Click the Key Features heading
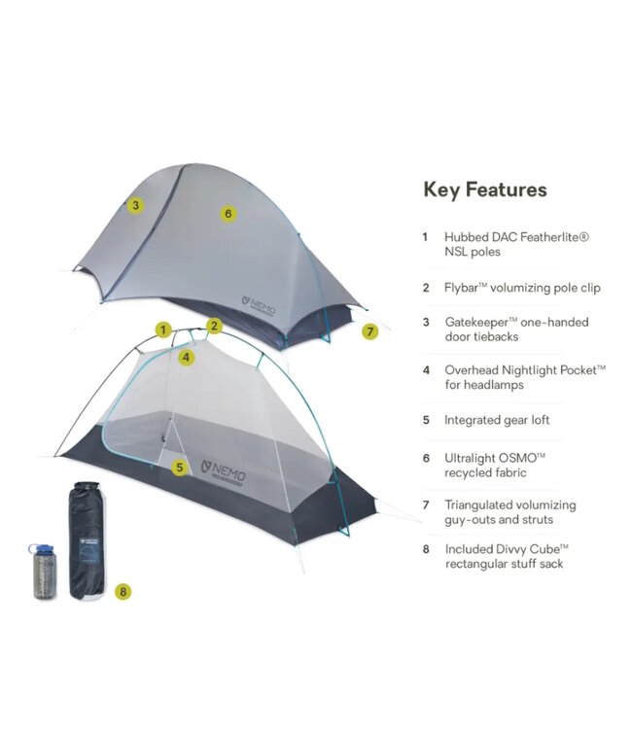(x=484, y=190)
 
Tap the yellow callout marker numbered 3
(x=136, y=205)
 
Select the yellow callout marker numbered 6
(x=228, y=213)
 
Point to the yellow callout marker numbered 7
(x=369, y=331)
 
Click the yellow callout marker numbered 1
(x=163, y=330)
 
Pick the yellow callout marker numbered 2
(x=215, y=326)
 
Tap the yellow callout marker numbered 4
(x=187, y=357)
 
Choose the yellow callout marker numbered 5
(x=179, y=468)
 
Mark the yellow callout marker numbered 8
(x=122, y=590)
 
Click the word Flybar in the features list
(x=465, y=287)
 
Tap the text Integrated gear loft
(x=496, y=421)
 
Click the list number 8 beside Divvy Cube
(x=425, y=548)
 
